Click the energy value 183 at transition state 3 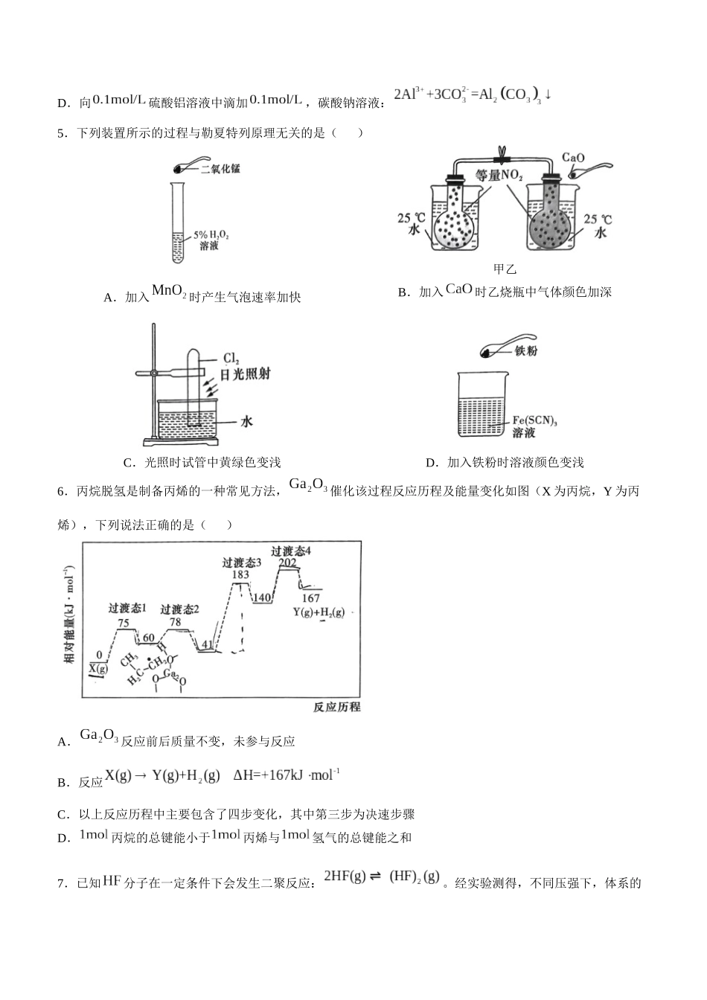tap(240, 575)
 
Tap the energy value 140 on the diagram tap(261, 597)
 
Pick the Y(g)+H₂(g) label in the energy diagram tap(319, 612)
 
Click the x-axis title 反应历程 tap(336, 707)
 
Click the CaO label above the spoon tap(572, 158)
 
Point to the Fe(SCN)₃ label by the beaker tap(534, 420)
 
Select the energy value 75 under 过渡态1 tap(124, 624)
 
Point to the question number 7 tap(61, 884)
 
